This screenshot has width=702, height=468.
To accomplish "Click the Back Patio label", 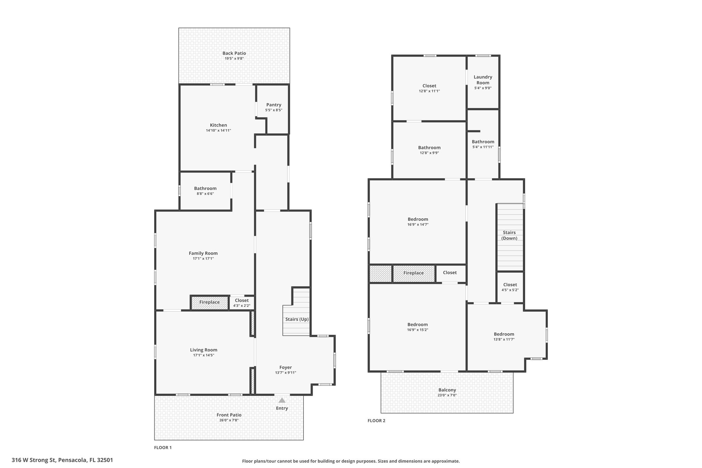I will click(x=234, y=53).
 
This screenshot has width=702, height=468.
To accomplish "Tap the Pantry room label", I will click(x=274, y=105).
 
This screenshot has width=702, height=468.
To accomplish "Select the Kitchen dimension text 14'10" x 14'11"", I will click(x=218, y=131).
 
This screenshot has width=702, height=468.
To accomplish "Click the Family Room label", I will click(x=203, y=253).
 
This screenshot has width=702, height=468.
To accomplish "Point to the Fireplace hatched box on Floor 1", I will click(x=209, y=302).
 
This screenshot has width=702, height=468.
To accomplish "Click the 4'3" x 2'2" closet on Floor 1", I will click(x=242, y=303).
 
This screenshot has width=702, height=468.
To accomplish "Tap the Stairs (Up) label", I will click(x=297, y=319).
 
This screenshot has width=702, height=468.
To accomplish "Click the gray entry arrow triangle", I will click(x=282, y=400).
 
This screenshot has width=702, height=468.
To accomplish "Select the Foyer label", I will click(x=286, y=367).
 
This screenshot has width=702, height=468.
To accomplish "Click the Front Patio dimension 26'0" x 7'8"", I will click(x=229, y=420).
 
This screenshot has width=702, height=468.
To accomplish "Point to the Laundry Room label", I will click(x=483, y=80).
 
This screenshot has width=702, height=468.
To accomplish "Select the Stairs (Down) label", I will click(x=509, y=235).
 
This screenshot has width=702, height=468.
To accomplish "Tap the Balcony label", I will click(x=447, y=390).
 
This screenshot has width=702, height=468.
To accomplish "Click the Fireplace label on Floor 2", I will click(x=413, y=273).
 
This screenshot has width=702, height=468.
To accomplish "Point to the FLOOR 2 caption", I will click(x=376, y=421).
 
